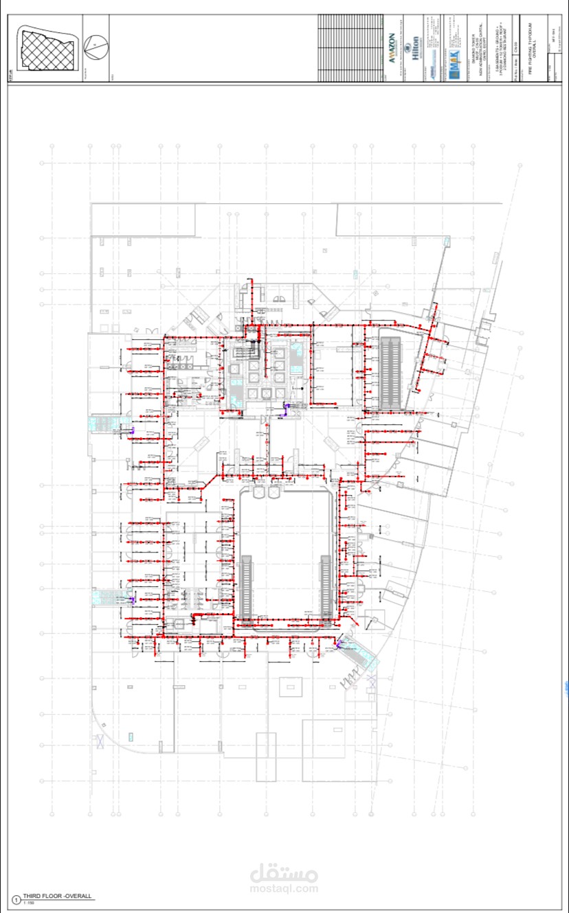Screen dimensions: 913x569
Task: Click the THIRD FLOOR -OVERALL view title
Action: (x=57, y=897)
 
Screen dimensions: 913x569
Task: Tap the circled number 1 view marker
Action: (x=16, y=899)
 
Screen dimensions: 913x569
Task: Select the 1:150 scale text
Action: (x=30, y=903)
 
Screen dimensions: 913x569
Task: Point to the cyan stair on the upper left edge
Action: (x=106, y=423)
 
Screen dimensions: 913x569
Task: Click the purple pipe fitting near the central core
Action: (x=286, y=410)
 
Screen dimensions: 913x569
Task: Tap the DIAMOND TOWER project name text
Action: (x=473, y=47)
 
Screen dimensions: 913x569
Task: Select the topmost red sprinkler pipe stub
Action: (x=250, y=282)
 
